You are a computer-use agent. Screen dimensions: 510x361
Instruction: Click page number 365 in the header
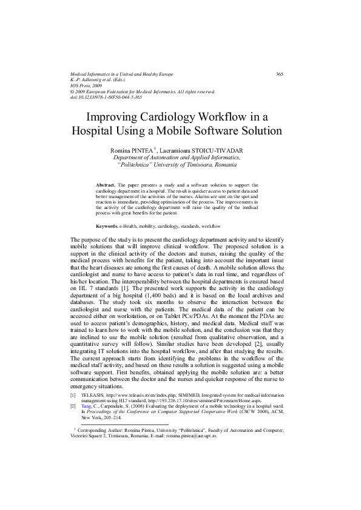[x=280, y=74]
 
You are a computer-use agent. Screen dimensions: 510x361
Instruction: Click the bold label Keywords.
[x=109, y=225]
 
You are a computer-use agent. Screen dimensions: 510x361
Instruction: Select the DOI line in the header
[x=107, y=97]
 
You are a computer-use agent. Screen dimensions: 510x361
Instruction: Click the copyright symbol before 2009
[x=73, y=91]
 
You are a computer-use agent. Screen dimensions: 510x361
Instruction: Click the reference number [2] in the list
[x=75, y=406]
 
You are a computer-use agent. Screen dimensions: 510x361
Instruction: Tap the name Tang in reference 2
[x=87, y=406]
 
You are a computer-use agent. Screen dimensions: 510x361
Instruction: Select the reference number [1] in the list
[x=75, y=394]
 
